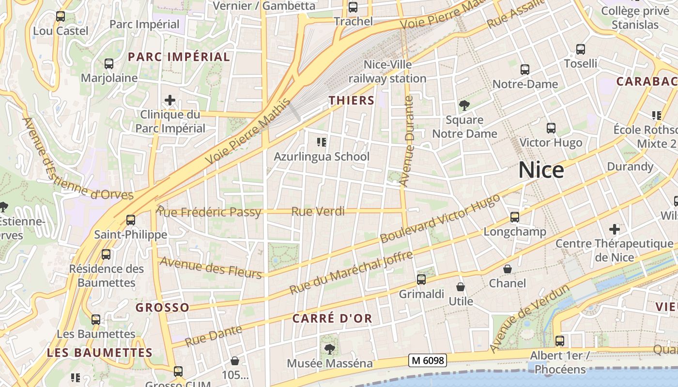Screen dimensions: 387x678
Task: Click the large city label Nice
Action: click(x=541, y=170)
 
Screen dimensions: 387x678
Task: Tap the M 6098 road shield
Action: click(x=427, y=360)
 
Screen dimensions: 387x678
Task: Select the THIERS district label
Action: click(x=352, y=101)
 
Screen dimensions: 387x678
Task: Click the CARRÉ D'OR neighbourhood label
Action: click(x=333, y=318)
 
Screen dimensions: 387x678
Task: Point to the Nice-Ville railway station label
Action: click(x=387, y=72)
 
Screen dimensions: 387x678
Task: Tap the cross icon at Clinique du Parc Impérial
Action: click(x=170, y=101)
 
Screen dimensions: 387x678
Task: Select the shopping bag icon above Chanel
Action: click(x=508, y=269)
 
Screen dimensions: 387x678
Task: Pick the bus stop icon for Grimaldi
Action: click(x=421, y=280)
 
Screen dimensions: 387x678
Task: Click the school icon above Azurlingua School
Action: click(x=321, y=142)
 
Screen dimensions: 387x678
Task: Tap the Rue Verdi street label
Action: click(x=318, y=211)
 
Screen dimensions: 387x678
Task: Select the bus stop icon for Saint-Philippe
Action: click(x=130, y=220)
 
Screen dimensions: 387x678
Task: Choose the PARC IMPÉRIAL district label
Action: click(x=179, y=57)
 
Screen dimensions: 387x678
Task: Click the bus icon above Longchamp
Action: click(x=515, y=217)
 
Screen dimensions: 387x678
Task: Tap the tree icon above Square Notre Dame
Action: click(x=464, y=105)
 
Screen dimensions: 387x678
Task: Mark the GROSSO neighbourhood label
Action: click(x=162, y=308)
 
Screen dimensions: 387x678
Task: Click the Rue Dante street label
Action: click(x=214, y=336)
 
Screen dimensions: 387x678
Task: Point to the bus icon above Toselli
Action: click(x=581, y=49)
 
